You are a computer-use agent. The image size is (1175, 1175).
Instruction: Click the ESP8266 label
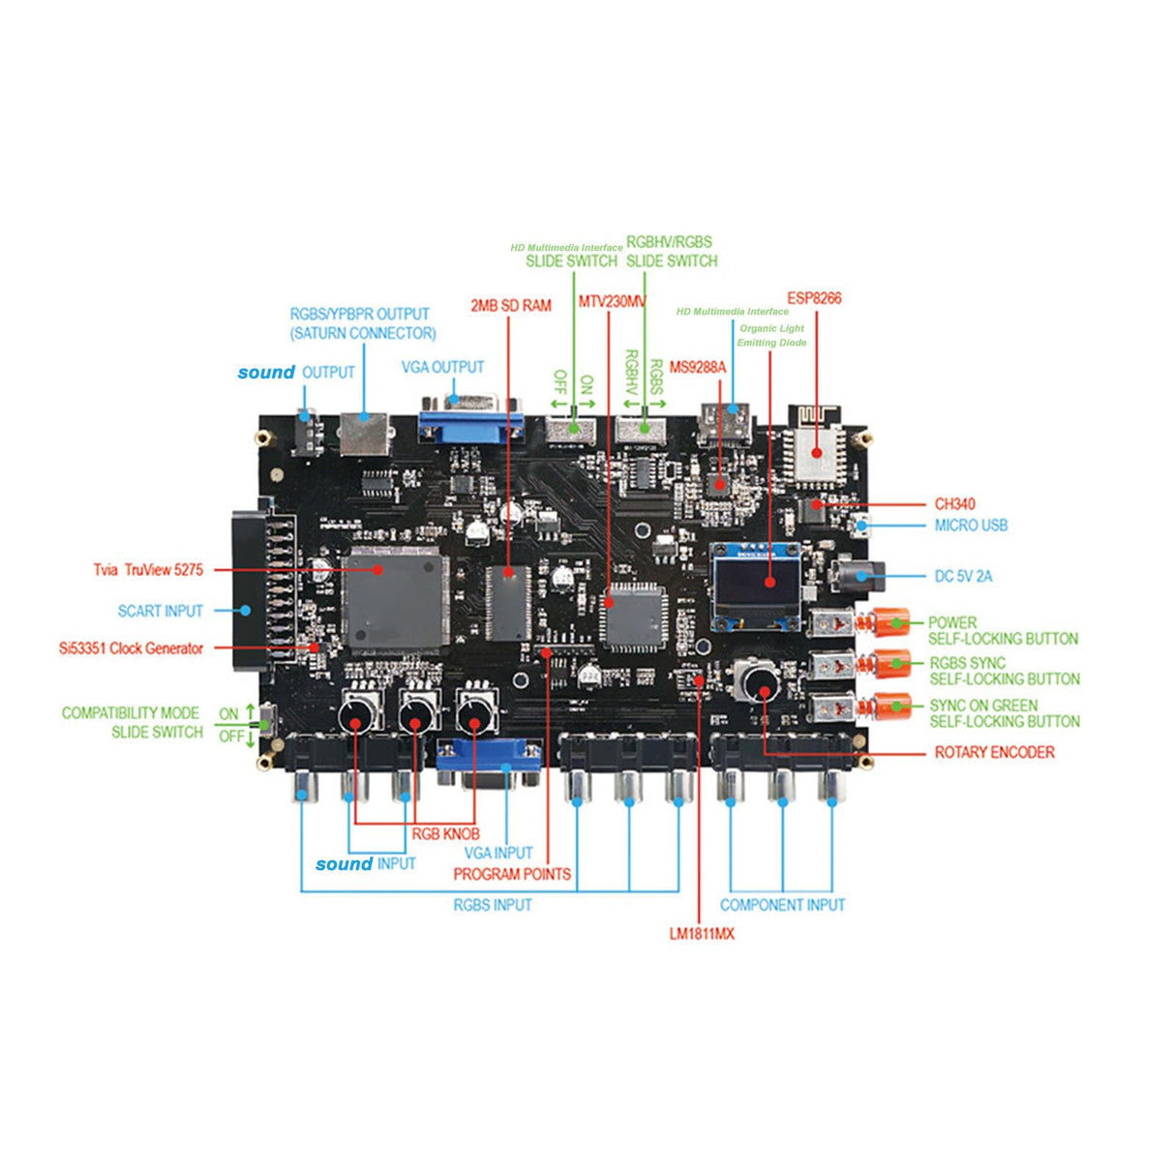coord(814,298)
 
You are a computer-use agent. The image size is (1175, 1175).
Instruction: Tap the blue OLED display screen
coord(755,584)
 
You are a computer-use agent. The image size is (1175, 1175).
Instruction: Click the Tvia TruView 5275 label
coord(148,570)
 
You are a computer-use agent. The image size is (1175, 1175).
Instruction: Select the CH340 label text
coord(954,504)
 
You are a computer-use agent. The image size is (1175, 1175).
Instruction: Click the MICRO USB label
coord(971,526)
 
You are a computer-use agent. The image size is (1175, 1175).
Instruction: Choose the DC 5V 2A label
coord(963,576)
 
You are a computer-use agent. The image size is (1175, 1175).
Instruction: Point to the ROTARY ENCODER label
coord(994,752)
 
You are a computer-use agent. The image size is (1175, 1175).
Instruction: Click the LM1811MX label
coord(702,934)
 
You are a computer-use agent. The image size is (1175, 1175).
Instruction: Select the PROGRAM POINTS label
coord(512,874)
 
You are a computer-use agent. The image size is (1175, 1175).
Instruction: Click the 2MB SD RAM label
coord(511,306)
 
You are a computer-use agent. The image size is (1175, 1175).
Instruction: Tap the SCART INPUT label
coord(161,611)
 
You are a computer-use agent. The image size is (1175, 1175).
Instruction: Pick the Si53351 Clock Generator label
coord(131,648)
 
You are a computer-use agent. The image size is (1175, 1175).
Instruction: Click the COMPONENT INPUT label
coord(782,905)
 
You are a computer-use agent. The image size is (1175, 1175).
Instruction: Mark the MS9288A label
coord(697,368)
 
